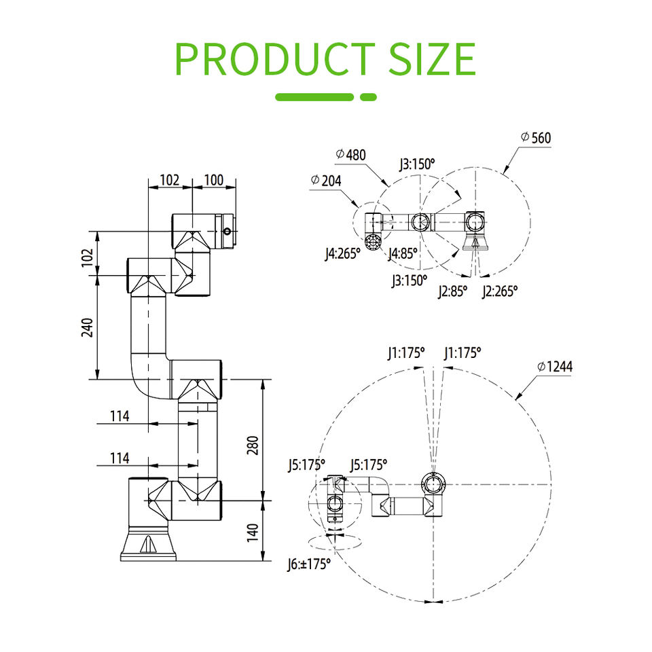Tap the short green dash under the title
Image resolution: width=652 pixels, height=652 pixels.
(x=368, y=97)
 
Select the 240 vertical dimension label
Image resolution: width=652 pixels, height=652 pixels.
(x=88, y=327)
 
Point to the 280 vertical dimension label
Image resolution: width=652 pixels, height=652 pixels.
(x=253, y=445)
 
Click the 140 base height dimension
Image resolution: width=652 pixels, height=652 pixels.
(x=253, y=532)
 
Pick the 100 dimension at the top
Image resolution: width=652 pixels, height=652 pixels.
(x=214, y=180)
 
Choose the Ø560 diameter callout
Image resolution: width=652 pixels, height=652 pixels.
(x=536, y=138)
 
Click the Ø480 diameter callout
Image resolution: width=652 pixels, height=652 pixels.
(x=351, y=155)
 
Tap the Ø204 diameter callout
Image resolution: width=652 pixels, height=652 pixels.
(x=326, y=181)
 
